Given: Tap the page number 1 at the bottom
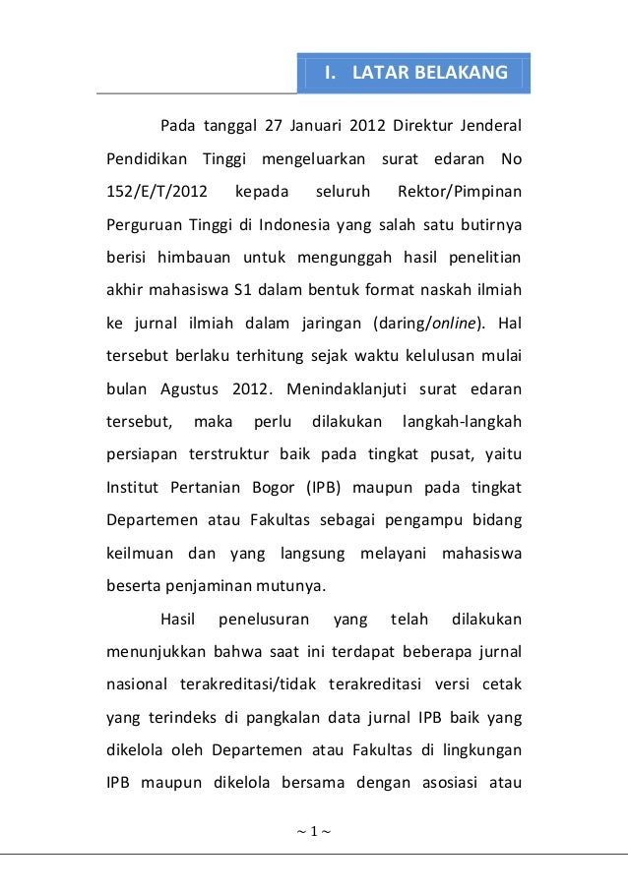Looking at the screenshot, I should tap(313, 834).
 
